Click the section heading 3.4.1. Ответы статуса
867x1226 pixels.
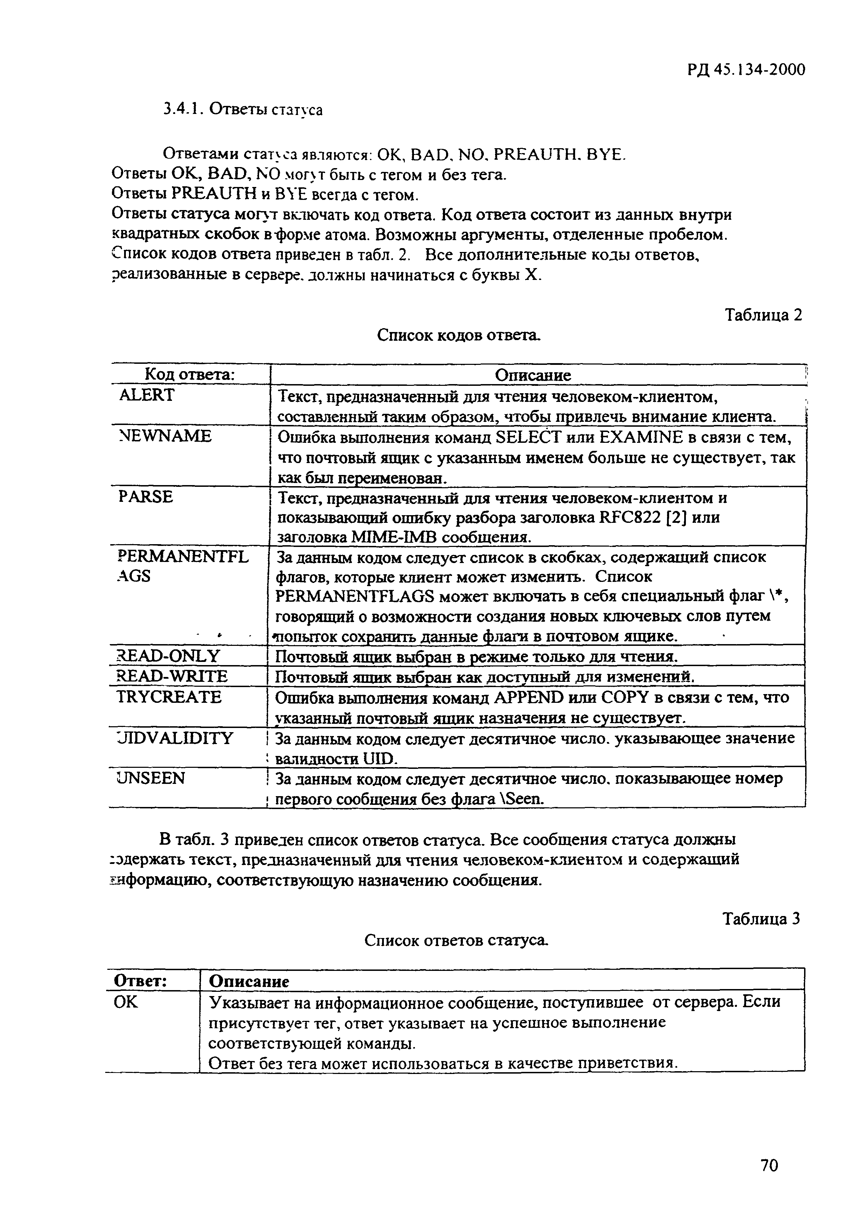click(x=243, y=109)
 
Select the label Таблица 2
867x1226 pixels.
click(x=763, y=315)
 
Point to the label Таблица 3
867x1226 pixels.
click(x=761, y=919)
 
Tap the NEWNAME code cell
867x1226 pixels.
click(x=165, y=436)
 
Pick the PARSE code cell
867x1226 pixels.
click(x=145, y=497)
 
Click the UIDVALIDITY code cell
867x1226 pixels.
click(x=175, y=738)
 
